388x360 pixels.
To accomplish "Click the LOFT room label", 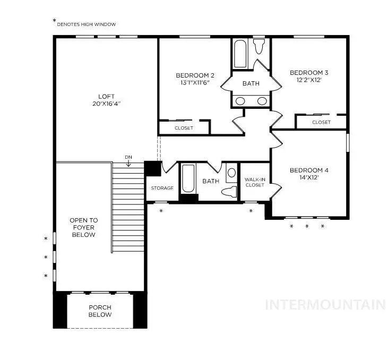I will pyautogui.click(x=106, y=96).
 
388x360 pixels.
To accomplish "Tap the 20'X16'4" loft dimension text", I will pyautogui.click(x=106, y=104).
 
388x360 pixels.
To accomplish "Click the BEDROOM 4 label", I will pyautogui.click(x=309, y=170).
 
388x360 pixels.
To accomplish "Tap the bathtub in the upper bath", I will pyautogui.click(x=240, y=54).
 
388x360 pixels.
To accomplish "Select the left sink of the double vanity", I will pyautogui.click(x=240, y=101).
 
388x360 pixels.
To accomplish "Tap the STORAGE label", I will pyautogui.click(x=162, y=188).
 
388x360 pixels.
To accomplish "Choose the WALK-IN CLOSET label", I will pyautogui.click(x=255, y=182).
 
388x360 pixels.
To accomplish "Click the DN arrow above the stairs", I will pyautogui.click(x=128, y=161).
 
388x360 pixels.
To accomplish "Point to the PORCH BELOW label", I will pyautogui.click(x=100, y=311).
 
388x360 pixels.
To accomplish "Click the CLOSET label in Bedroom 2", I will pyautogui.click(x=184, y=128).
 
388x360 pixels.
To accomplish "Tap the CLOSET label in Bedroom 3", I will pyautogui.click(x=321, y=122).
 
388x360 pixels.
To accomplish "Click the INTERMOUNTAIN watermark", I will pyautogui.click(x=325, y=304).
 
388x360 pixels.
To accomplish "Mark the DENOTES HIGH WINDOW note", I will pyautogui.click(x=87, y=24).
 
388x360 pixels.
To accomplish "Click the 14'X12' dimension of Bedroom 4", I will pyautogui.click(x=309, y=178).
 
